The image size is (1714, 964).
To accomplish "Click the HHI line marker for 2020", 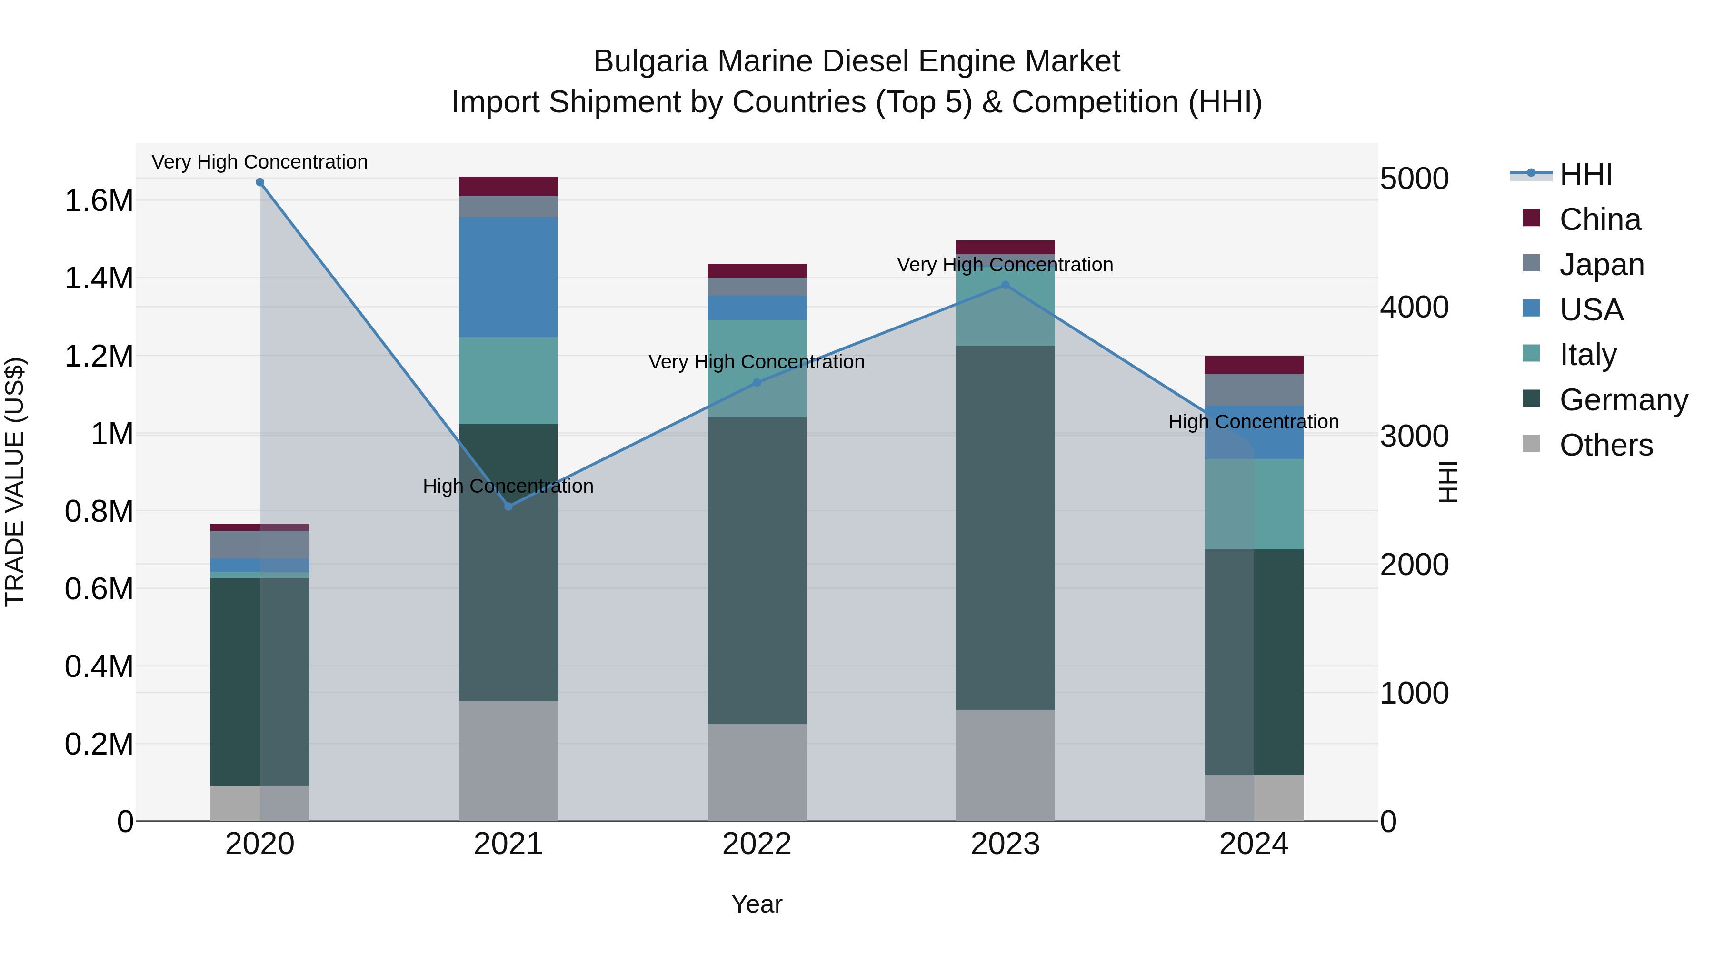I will (260, 182).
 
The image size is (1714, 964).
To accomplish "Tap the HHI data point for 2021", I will (508, 507).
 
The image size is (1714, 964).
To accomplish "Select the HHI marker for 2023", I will (1006, 286).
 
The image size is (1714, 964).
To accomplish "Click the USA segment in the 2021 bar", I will (508, 277).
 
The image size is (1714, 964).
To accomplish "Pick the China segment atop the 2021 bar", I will (508, 186).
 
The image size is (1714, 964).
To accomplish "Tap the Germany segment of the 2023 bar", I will (1006, 527).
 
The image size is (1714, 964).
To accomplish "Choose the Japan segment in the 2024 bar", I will (1254, 389).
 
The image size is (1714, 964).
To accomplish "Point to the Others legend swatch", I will (1531, 444).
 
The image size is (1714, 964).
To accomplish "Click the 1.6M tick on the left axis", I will (99, 200).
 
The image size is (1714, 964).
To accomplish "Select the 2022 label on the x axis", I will (757, 844).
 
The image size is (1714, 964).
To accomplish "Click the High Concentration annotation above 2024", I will (1254, 422).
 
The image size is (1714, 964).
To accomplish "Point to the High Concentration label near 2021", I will (508, 487).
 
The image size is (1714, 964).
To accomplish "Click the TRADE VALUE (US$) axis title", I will (15, 482).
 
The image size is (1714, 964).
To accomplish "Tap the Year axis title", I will (757, 904).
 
